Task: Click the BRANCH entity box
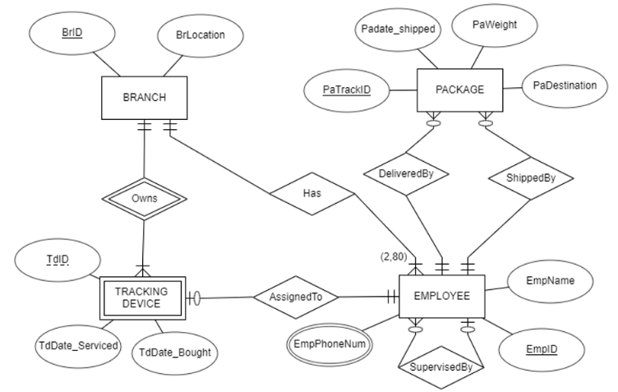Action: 144,98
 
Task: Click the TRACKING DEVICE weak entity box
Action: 141,297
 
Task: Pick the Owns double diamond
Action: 144,199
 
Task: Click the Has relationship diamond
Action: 313,195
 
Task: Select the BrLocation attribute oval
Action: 200,36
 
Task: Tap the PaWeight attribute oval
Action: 495,25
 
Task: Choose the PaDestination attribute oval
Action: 564,85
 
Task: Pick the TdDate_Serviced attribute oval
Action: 78,345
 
